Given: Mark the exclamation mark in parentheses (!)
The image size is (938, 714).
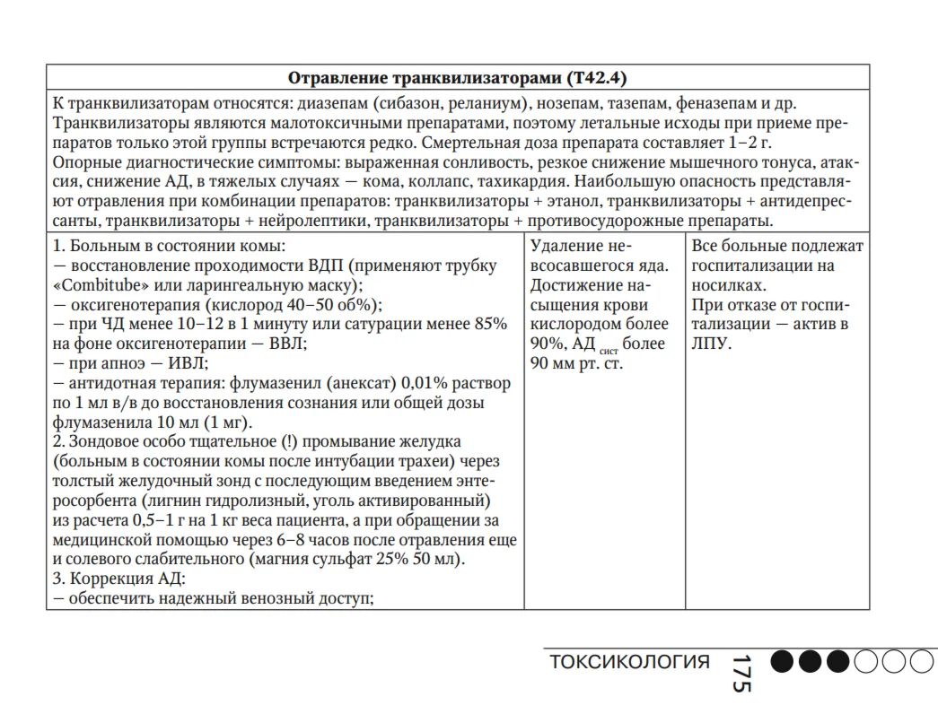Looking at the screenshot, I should pos(289,442).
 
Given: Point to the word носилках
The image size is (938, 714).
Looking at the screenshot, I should pos(728,285).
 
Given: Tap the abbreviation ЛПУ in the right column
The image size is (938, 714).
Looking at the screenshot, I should pos(712,344).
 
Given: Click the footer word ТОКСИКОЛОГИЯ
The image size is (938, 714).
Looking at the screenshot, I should pos(629,663).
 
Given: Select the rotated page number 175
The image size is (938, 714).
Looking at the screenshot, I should pos(740,672).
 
